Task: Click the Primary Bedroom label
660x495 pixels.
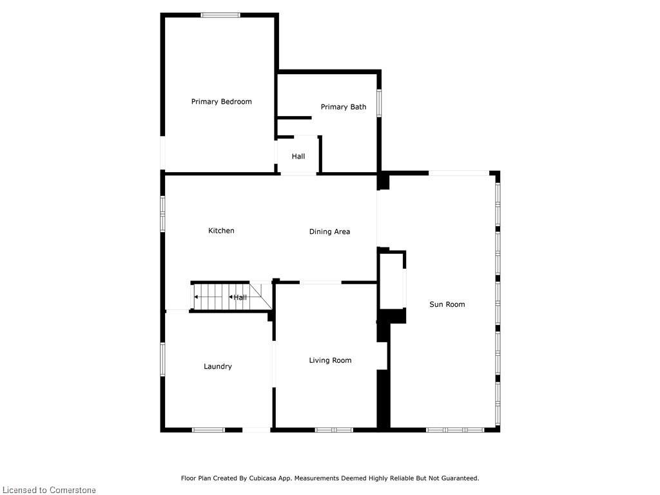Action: (x=221, y=102)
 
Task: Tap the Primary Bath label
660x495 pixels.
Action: (x=343, y=107)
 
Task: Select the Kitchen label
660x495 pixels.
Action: (x=221, y=231)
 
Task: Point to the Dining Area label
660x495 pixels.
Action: (x=329, y=231)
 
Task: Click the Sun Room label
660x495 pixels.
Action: (x=447, y=304)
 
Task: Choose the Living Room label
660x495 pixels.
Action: (x=330, y=360)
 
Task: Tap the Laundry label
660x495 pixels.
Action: (x=217, y=367)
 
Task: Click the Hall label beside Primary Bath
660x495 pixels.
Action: (x=298, y=157)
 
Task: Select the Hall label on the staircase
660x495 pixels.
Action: (x=240, y=297)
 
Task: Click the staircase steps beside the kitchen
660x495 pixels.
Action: (x=213, y=297)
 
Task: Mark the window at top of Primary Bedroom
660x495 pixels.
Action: (x=220, y=15)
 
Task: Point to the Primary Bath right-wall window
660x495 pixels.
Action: (x=379, y=102)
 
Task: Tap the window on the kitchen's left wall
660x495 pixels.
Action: (x=162, y=213)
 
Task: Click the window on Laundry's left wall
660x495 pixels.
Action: (x=162, y=359)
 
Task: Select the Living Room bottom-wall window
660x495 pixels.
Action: (x=334, y=429)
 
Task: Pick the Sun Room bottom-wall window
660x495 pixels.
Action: (x=455, y=429)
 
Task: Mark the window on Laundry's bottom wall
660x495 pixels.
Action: (x=208, y=429)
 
